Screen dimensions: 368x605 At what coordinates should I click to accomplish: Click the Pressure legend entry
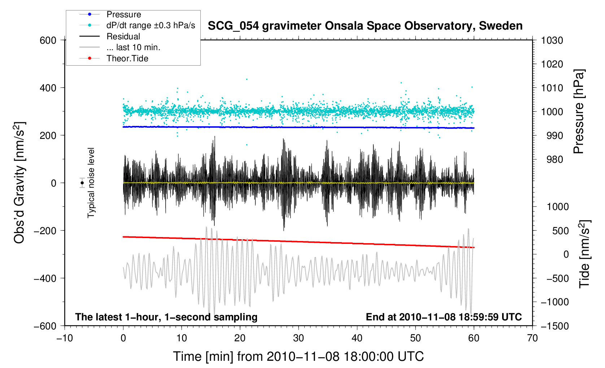click(x=123, y=14)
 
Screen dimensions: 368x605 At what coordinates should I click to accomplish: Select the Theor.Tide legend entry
click(x=127, y=58)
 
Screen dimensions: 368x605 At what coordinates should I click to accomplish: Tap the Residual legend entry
click(x=123, y=36)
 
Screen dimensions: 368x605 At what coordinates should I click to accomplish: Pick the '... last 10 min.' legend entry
click(x=133, y=47)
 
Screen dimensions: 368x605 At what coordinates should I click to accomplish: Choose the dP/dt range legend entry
click(x=151, y=25)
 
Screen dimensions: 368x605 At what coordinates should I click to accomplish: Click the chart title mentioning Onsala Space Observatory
click(x=365, y=26)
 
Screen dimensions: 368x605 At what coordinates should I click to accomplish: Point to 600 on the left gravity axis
click(x=48, y=40)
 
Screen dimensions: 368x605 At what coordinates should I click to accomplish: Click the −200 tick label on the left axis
click(x=45, y=231)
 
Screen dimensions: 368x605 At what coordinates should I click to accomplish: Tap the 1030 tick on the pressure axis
click(x=552, y=40)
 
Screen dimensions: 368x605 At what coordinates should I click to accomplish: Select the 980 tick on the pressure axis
click(x=552, y=159)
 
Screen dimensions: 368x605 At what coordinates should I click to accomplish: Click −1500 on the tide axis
click(x=554, y=326)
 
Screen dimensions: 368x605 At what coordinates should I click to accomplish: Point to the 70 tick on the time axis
click(x=532, y=338)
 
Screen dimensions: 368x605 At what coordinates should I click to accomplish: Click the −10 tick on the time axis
click(x=65, y=338)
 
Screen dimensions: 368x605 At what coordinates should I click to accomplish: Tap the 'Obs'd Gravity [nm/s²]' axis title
click(x=19, y=183)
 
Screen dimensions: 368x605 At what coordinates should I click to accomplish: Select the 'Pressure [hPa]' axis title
click(x=579, y=112)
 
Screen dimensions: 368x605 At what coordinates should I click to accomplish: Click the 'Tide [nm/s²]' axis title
click(x=584, y=254)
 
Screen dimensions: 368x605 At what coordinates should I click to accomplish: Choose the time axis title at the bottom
click(x=298, y=356)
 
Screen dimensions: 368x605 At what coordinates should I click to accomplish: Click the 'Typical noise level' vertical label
click(x=91, y=183)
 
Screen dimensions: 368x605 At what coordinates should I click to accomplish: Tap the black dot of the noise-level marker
click(x=82, y=183)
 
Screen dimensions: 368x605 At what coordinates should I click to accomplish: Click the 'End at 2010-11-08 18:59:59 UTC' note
click(x=444, y=317)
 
